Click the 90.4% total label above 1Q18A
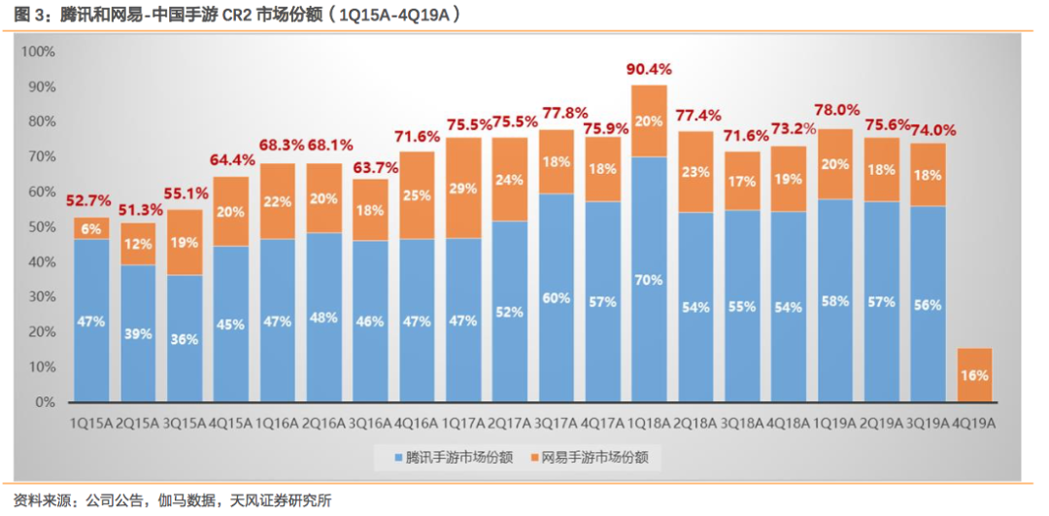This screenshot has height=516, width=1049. coord(650,70)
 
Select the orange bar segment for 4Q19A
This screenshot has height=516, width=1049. coord(974,375)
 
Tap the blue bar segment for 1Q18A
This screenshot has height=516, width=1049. coord(650,279)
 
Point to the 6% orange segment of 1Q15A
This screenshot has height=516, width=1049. coord(91,228)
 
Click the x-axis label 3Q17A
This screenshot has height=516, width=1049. coord(557,424)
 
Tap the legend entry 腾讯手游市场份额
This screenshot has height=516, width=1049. coord(452,457)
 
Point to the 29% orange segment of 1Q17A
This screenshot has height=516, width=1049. coord(463,188)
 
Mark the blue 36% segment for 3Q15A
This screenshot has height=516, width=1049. coord(185,338)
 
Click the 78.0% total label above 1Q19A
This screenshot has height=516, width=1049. coord(835,112)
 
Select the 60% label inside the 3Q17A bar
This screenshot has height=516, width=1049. coord(557,297)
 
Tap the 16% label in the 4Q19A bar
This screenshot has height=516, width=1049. coord(974,375)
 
